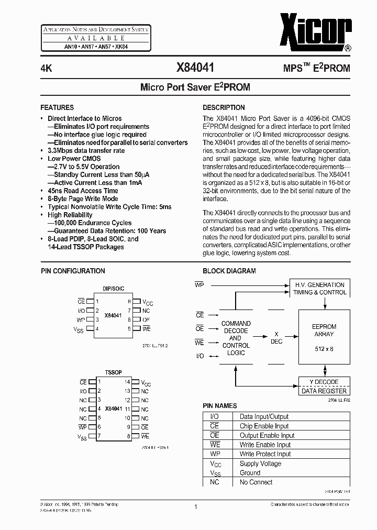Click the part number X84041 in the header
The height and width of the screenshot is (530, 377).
point(195,68)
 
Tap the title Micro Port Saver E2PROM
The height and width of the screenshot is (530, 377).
point(195,87)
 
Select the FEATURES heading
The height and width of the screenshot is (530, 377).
point(57,107)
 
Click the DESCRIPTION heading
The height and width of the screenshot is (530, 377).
point(224,107)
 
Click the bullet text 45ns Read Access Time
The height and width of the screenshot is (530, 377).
point(83,191)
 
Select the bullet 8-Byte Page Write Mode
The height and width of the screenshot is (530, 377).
point(83,199)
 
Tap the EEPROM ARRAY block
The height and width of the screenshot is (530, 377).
point(324,338)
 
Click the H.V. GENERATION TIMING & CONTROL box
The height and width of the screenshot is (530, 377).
point(319,289)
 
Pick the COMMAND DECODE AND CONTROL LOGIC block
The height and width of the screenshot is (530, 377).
point(236,338)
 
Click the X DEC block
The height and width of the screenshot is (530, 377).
point(276,338)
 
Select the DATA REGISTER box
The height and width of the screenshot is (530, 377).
point(324,391)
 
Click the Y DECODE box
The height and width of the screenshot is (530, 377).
point(324,382)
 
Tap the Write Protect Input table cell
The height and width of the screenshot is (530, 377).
point(265,454)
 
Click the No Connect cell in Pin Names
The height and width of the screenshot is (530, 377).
point(256,482)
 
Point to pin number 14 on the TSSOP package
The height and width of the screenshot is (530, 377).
point(127,382)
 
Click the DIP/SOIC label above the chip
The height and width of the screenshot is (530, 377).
point(113,289)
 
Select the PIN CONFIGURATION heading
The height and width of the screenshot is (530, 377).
point(73,271)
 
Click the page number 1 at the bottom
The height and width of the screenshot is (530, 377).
point(195,507)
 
